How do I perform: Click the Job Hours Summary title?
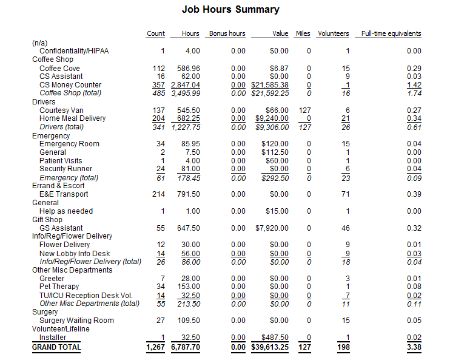point(230,10)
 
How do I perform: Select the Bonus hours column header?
point(227,34)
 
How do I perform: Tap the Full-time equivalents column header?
point(391,34)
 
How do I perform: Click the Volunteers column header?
point(333,34)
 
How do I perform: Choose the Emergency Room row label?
point(69,144)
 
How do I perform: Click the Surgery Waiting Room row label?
point(76,320)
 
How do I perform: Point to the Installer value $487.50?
point(275,337)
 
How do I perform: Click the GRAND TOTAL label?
point(56,347)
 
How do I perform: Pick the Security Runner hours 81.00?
point(190,169)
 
